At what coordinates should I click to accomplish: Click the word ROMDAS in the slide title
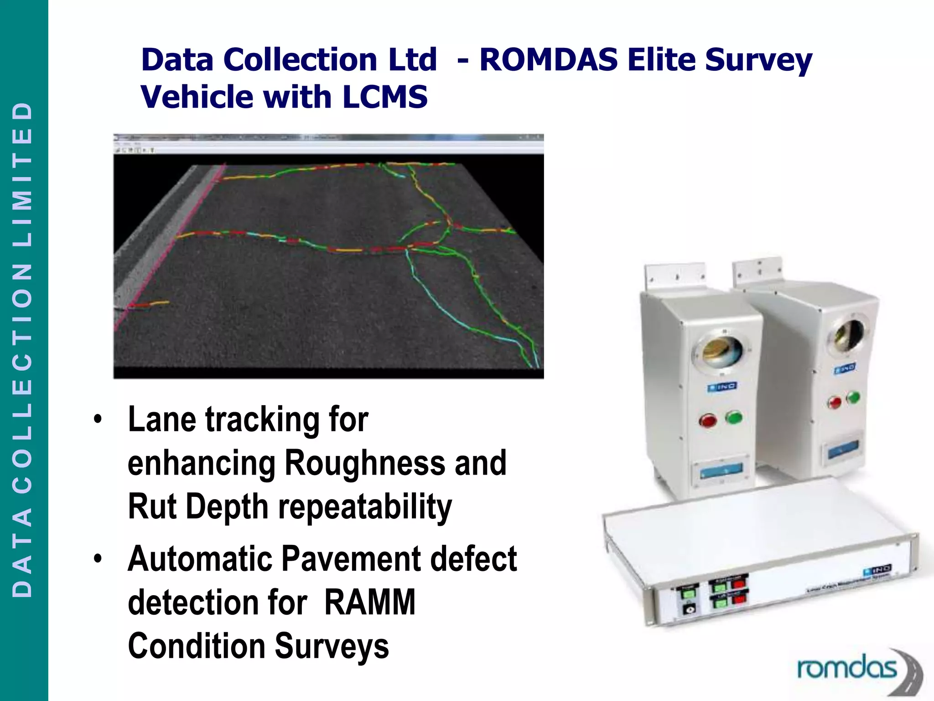549,60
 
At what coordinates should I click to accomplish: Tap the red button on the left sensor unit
707,420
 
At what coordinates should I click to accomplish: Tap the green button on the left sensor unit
734,417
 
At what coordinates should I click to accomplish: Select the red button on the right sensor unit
835,403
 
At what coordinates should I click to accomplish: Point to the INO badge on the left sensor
722,387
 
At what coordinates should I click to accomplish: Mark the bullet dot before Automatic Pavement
98,559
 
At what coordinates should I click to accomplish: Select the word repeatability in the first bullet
365,507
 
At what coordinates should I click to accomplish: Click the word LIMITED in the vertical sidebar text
23,173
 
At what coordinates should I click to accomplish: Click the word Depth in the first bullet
227,507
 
